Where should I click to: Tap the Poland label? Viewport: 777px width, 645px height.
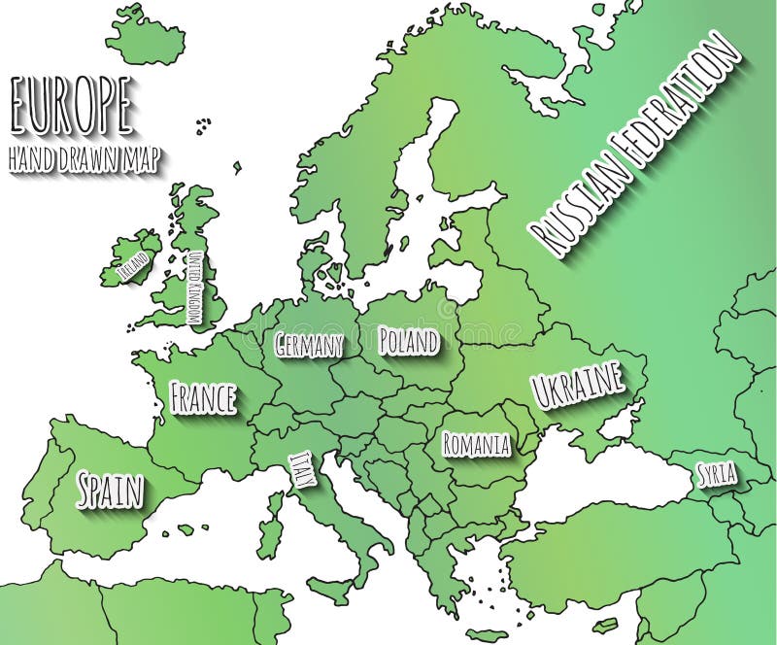pyautogui.click(x=408, y=340)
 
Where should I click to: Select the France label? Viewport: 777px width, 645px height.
pyautogui.click(x=203, y=397)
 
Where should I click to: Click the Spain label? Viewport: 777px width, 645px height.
pyautogui.click(x=110, y=490)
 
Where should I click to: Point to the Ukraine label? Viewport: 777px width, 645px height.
pyautogui.click(x=578, y=386)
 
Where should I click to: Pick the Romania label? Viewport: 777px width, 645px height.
pyautogui.click(x=476, y=445)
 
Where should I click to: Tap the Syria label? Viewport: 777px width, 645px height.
pyautogui.click(x=717, y=475)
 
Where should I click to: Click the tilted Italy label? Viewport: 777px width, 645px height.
pyautogui.click(x=301, y=472)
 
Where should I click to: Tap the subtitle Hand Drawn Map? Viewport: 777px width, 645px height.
pyautogui.click(x=85, y=158)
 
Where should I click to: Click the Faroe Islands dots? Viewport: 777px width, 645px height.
pyautogui.click(x=203, y=124)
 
